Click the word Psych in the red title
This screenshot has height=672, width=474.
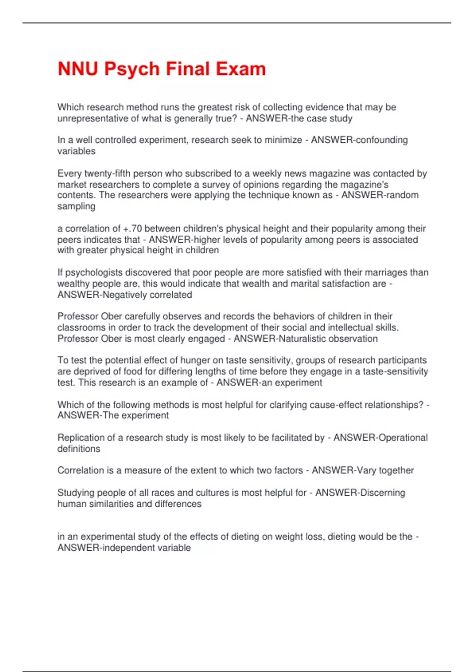point(132,69)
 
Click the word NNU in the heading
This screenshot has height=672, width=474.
point(78,69)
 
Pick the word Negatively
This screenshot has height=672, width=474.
point(124,295)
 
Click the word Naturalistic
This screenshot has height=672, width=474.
point(302,339)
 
